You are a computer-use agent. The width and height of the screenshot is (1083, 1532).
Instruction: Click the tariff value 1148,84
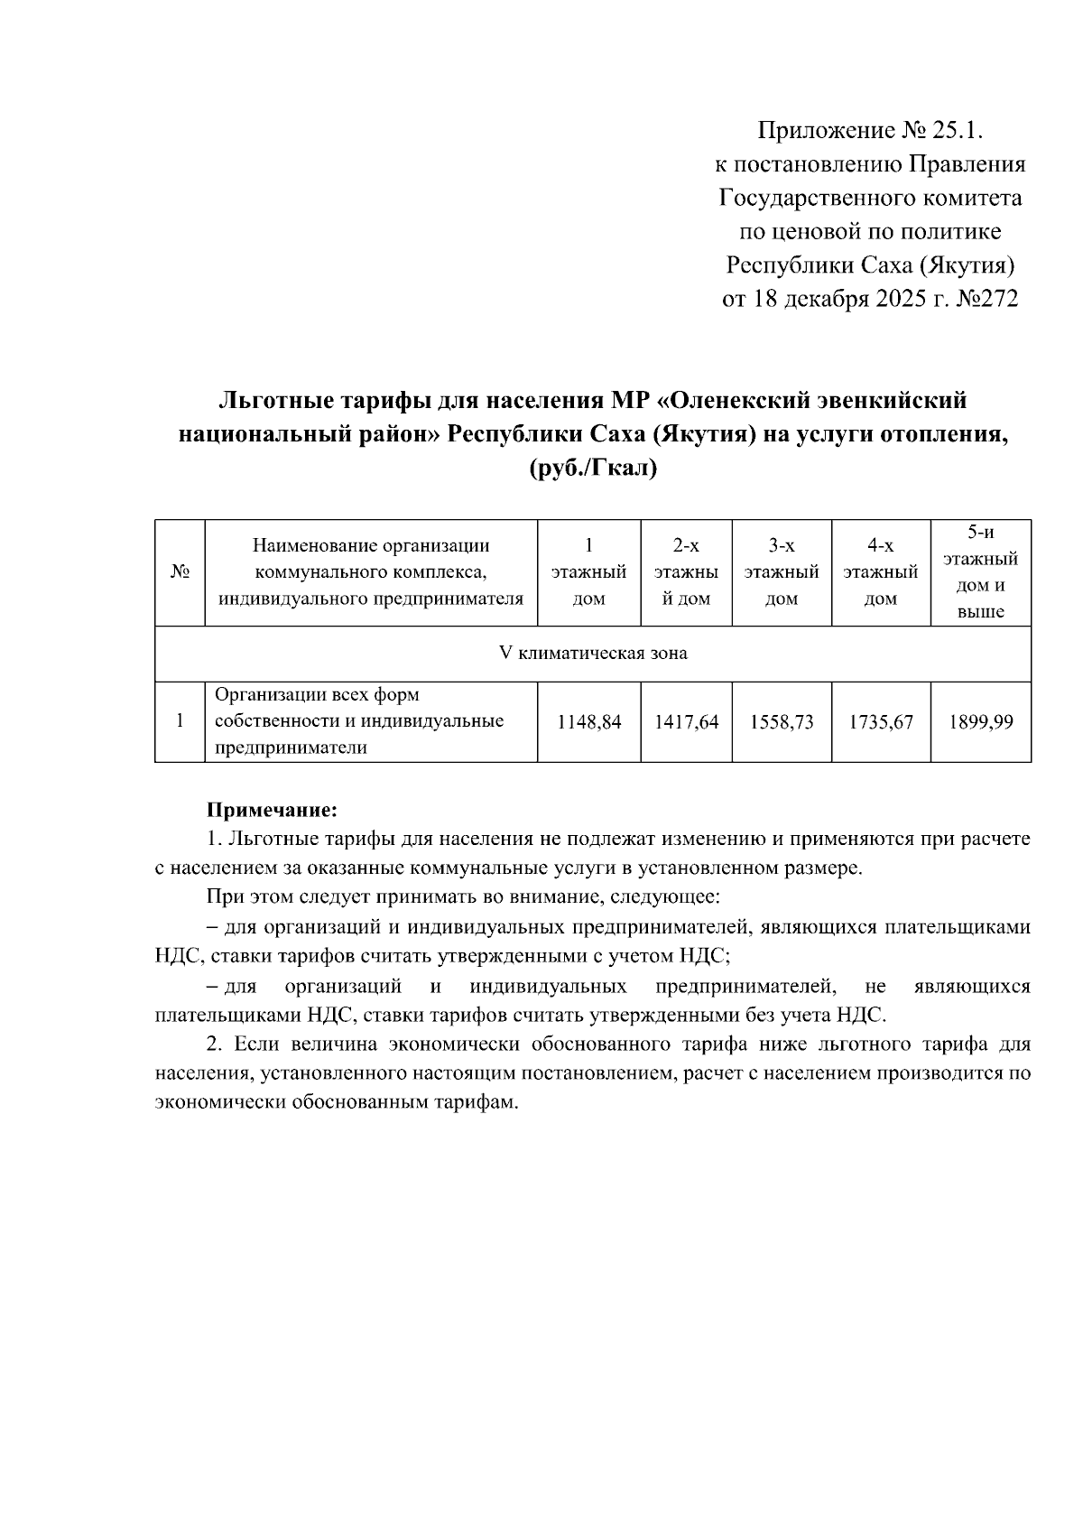click(x=589, y=722)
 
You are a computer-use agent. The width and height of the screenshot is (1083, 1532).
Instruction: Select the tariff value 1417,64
click(x=687, y=722)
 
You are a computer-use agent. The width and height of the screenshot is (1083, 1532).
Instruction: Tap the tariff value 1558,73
click(x=782, y=722)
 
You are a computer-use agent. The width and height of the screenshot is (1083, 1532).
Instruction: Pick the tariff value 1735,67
click(x=881, y=722)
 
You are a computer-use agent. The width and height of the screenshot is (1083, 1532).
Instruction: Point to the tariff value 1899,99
click(x=981, y=722)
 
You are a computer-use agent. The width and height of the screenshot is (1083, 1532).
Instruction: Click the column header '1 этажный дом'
click(x=589, y=571)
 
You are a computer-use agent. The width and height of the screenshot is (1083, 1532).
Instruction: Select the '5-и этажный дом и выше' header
click(x=981, y=571)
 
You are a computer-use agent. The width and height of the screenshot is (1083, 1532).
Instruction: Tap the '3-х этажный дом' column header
click(x=782, y=571)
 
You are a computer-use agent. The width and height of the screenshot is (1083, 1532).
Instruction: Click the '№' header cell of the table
click(x=180, y=572)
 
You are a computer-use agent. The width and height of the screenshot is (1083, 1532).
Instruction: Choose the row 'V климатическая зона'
click(x=593, y=653)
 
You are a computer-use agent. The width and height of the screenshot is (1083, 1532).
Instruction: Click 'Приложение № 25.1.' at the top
click(x=868, y=132)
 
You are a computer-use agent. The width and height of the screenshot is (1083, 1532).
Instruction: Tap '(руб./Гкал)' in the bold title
click(x=592, y=469)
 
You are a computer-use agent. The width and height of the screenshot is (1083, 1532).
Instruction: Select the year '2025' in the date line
click(x=902, y=299)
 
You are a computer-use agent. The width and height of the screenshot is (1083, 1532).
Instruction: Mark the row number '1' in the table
click(x=180, y=721)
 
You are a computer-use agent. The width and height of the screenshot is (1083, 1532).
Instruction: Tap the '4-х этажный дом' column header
click(x=881, y=571)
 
